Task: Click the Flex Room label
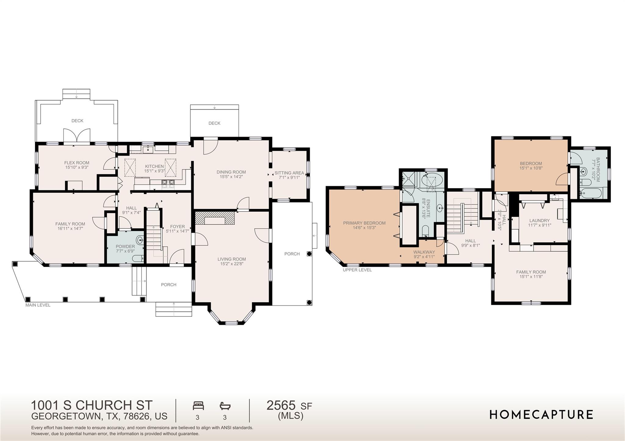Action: (x=77, y=163)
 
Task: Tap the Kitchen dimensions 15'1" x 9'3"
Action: (x=155, y=171)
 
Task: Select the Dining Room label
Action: (x=231, y=172)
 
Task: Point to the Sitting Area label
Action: (x=289, y=173)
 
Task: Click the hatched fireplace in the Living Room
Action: (x=215, y=218)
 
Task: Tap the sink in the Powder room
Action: (x=140, y=240)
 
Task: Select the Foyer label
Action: (x=177, y=226)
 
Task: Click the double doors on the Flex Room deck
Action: (x=77, y=135)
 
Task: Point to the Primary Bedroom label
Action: (x=364, y=223)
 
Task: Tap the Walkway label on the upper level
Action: (x=424, y=252)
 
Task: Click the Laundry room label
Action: (x=539, y=220)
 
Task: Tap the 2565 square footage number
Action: (x=281, y=406)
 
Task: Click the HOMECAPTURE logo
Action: (x=541, y=414)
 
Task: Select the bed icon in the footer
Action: (x=198, y=406)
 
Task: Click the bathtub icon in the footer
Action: (x=225, y=406)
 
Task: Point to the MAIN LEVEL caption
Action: (x=38, y=305)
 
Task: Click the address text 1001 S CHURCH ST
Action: (x=92, y=405)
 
